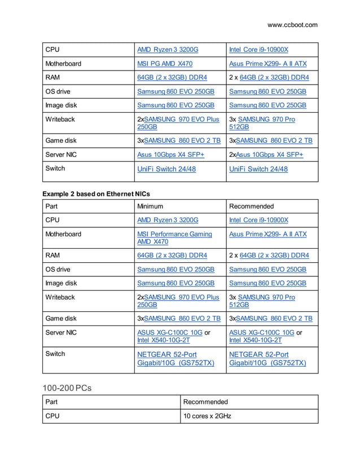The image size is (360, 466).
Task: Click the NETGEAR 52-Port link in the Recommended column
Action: [258, 354]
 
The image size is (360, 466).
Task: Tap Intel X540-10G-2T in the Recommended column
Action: [255, 340]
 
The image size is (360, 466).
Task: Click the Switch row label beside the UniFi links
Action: [55, 168]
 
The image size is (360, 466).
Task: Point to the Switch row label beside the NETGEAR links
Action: [55, 354]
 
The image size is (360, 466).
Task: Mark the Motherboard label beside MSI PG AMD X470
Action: [63, 64]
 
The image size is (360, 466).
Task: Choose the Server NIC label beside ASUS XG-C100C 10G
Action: [61, 332]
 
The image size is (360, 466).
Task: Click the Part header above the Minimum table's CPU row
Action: [53, 206]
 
